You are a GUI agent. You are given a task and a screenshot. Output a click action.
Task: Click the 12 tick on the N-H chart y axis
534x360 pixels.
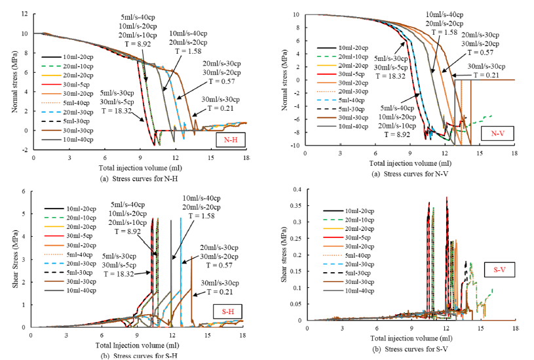click(x=24, y=13)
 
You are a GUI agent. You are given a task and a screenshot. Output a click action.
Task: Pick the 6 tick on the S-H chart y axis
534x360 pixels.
click(x=24, y=191)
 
